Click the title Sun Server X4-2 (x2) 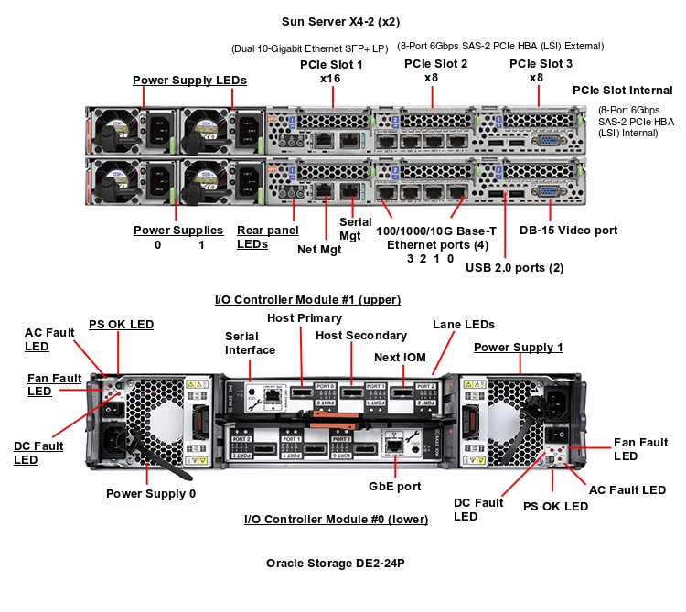pyautogui.click(x=340, y=20)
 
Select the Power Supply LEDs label pyautogui.click(x=189, y=81)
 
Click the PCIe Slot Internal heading pyautogui.click(x=622, y=91)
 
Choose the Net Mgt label pyautogui.click(x=319, y=249)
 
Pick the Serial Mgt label pyautogui.click(x=356, y=228)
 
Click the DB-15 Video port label pyautogui.click(x=568, y=231)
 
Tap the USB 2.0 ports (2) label pyautogui.click(x=514, y=268)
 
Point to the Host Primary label pyautogui.click(x=305, y=318)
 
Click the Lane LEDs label pyautogui.click(x=463, y=324)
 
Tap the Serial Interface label pyautogui.click(x=250, y=343)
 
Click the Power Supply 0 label pyautogui.click(x=151, y=494)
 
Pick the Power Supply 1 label pyautogui.click(x=518, y=348)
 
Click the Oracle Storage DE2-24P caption pyautogui.click(x=335, y=564)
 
